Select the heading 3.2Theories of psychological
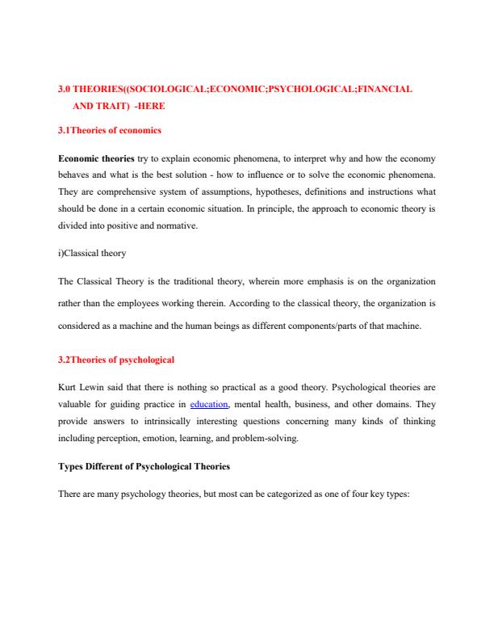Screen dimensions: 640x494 (116, 359)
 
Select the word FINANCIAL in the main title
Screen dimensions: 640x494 (384, 89)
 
